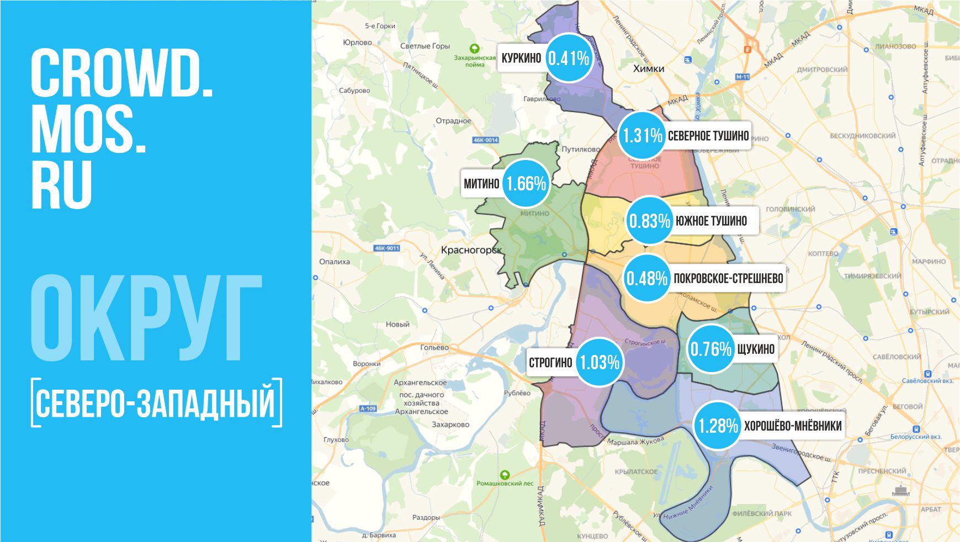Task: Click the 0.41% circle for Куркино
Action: pos(569,59)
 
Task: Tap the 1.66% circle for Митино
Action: pos(526,184)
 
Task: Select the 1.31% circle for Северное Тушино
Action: pos(642,135)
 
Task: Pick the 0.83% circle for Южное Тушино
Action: pos(649,221)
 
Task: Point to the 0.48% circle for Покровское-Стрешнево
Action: pos(646,278)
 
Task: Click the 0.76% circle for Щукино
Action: pos(710,349)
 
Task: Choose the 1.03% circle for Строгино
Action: pos(599,362)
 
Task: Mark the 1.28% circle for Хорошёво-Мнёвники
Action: pos(718,426)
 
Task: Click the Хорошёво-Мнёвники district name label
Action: pos(793,426)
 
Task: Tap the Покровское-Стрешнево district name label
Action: pos(728,278)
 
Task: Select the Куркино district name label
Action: pos(521,58)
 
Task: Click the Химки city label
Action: pos(649,69)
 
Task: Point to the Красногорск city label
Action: pos(471,250)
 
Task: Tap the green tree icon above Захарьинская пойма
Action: pos(474,49)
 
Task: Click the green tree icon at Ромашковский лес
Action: pos(504,475)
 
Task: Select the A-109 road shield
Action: pos(368,408)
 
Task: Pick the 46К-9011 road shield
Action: pos(386,248)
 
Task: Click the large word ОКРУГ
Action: pos(146,319)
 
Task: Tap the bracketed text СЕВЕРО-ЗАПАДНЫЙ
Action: pos(156,403)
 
